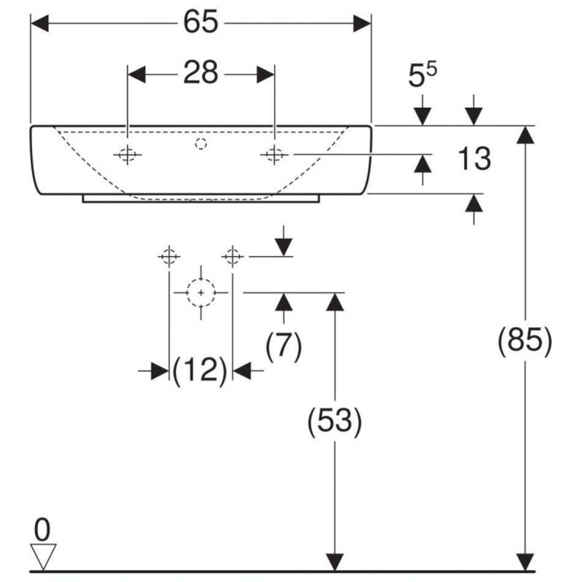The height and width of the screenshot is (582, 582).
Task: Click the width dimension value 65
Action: point(200,23)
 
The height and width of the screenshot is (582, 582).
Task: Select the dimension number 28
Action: point(200,74)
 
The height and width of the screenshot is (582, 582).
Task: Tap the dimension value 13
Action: point(474,159)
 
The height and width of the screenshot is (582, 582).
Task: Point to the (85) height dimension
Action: point(524,341)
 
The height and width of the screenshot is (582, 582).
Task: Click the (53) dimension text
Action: point(334,421)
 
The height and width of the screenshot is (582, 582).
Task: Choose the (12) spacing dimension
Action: point(200,371)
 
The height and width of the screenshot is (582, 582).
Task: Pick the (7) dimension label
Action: point(284,347)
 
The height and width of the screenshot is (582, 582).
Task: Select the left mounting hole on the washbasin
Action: point(127,156)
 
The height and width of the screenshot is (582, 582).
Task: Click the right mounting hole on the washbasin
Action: point(274,156)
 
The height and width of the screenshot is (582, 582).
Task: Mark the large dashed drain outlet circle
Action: point(200,293)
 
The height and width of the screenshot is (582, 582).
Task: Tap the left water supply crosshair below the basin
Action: point(169,256)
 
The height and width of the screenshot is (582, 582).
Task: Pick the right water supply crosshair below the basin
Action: point(232,256)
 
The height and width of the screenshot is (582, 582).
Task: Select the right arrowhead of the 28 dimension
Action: point(265,74)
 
